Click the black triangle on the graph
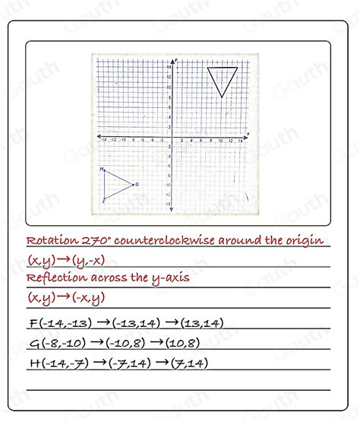(223, 78)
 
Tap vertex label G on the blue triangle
(137, 184)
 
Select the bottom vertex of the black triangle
(221, 97)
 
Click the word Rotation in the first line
(52, 241)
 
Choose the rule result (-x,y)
(87, 298)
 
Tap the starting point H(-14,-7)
(55, 363)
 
